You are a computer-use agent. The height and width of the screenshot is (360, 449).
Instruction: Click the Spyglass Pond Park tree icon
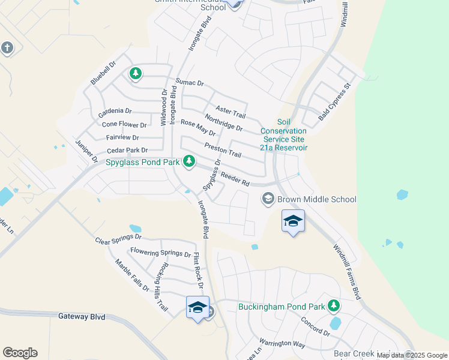189,161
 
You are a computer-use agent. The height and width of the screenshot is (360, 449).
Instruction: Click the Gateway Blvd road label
82,316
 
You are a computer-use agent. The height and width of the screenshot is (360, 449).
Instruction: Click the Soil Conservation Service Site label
284,134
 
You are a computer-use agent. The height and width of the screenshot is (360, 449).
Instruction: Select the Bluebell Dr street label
103,72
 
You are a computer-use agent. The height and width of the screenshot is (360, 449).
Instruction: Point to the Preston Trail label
223,150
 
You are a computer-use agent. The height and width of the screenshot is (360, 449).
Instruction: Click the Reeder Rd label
235,178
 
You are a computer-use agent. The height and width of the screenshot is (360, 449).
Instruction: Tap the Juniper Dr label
86,151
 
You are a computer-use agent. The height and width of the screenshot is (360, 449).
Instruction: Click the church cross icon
7,47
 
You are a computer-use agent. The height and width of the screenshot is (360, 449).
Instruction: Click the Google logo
20,353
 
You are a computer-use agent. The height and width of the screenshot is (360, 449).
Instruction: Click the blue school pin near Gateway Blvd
197,308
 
